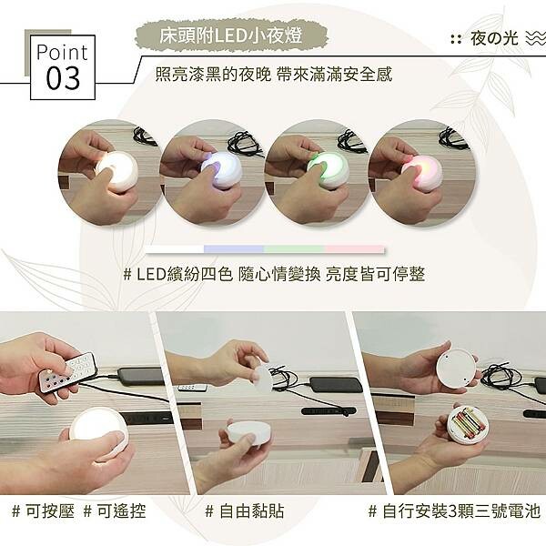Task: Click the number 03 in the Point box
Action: point(63,78)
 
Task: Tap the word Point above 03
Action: point(62,52)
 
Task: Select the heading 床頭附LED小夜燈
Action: point(231,35)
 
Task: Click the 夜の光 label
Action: point(494,38)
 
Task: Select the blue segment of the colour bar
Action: point(234,249)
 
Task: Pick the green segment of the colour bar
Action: point(294,249)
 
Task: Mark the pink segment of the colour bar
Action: point(355,249)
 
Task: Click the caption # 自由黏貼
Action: point(245,511)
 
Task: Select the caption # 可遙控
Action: point(115,511)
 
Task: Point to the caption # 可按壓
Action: point(43,511)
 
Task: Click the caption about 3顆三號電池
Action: point(454,511)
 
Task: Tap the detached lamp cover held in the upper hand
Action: point(263,379)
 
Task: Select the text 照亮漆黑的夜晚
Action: point(213,74)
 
